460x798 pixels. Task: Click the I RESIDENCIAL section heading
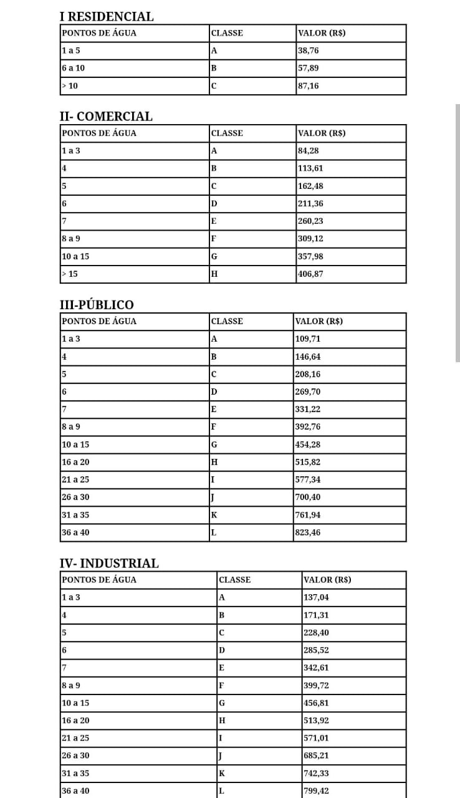click(x=106, y=17)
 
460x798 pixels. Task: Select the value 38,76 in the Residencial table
click(x=309, y=50)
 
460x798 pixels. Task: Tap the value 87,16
click(x=309, y=86)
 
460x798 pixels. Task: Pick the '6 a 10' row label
click(x=73, y=68)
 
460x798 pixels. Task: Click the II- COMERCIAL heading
click(x=106, y=117)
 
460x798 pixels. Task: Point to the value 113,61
click(x=310, y=168)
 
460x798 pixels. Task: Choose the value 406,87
click(x=310, y=274)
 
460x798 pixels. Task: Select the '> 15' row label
click(x=69, y=274)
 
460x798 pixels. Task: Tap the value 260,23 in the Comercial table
click(x=310, y=221)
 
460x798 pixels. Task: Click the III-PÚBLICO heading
click(x=96, y=305)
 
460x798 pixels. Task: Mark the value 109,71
click(x=307, y=339)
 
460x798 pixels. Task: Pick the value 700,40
click(x=307, y=498)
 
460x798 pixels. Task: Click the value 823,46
click(x=307, y=532)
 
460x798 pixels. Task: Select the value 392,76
click(x=307, y=427)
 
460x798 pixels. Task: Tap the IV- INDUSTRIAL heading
click(x=109, y=564)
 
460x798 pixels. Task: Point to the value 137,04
click(x=316, y=597)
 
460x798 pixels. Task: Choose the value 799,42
click(x=316, y=791)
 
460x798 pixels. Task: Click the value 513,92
click(x=316, y=721)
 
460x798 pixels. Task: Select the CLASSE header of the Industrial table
click(x=235, y=580)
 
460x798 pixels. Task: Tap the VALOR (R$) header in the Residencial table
click(x=322, y=33)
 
